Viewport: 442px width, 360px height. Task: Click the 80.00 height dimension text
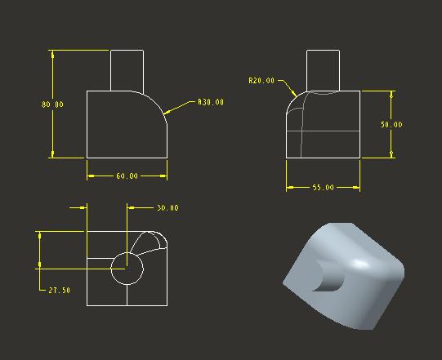52,104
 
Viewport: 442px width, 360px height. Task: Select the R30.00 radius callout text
211,102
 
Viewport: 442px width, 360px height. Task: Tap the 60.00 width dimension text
127,176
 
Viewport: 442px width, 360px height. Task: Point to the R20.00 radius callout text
261,81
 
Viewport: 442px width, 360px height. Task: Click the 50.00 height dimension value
391,125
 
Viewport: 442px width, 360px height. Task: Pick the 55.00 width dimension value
323,187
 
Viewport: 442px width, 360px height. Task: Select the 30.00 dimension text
167,208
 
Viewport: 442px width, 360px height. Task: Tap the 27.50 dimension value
59,290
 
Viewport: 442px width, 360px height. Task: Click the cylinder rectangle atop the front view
110,70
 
